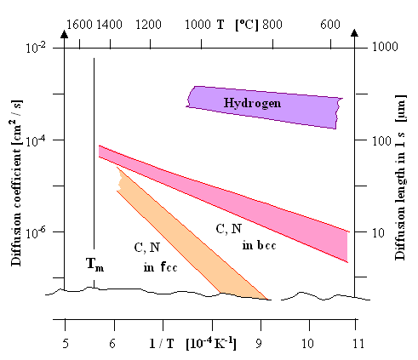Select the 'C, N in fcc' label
click(x=153, y=256)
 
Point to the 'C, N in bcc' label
click(x=234, y=236)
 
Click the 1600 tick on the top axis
click(x=77, y=26)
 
